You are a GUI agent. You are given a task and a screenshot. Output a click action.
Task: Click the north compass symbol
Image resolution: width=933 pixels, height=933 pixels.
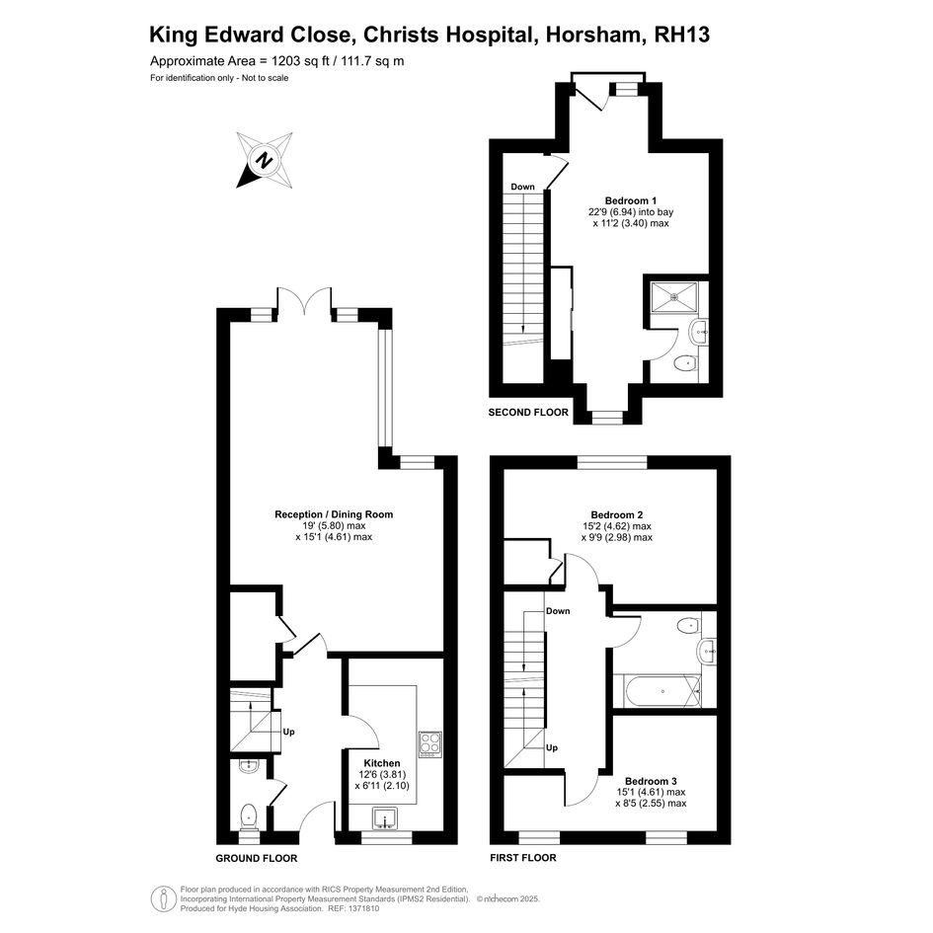point(265,160)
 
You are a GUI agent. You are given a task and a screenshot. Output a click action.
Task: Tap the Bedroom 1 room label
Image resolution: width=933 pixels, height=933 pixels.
point(631,200)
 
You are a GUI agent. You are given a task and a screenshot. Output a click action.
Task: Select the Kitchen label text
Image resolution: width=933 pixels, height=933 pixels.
point(382,763)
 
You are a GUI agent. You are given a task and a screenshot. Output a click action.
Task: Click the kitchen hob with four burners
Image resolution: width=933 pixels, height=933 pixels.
point(430,743)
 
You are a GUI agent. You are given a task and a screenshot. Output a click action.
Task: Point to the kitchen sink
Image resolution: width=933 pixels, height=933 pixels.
point(387,818)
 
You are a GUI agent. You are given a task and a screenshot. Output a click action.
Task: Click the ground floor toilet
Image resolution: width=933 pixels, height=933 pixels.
point(248,816)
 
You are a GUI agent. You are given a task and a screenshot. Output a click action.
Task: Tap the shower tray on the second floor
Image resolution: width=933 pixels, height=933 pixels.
point(673,296)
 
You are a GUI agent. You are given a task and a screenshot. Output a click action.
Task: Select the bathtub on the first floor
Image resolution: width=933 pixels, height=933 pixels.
point(658,691)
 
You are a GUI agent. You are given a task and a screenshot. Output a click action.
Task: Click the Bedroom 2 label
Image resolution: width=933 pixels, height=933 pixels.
point(616,514)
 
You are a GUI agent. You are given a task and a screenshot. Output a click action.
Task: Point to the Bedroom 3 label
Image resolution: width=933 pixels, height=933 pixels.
point(651,781)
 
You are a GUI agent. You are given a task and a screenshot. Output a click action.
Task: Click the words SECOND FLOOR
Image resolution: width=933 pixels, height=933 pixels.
point(528,413)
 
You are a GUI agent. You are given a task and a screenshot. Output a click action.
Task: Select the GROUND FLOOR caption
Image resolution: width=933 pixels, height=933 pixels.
point(257,858)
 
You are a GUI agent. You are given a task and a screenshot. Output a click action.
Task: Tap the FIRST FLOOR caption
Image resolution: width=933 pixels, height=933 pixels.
point(523,857)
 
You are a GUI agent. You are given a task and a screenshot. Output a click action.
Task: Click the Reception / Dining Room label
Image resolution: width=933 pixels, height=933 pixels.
point(334,514)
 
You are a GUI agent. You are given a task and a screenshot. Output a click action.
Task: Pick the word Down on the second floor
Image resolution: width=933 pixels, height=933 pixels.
point(522,187)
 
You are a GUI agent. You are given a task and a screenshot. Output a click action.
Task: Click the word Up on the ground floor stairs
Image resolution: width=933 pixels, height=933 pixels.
point(288,732)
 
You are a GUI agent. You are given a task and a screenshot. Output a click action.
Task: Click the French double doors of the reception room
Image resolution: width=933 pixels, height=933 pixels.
point(304,301)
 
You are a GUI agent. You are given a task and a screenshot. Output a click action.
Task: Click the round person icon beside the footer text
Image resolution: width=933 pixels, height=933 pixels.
point(163,899)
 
